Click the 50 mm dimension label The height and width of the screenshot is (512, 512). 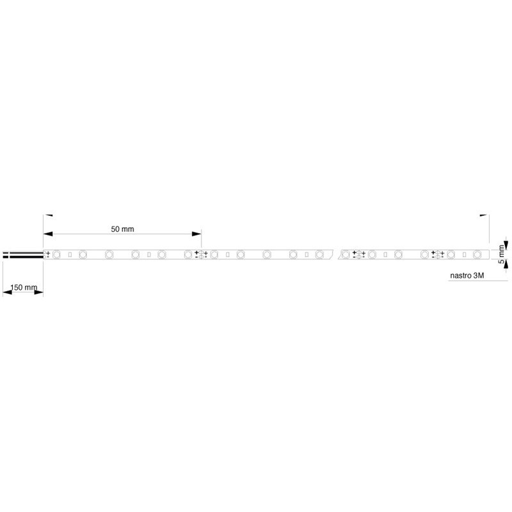point(123,228)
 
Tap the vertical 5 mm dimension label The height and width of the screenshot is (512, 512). point(502,255)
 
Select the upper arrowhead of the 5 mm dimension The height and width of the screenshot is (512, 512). point(506,243)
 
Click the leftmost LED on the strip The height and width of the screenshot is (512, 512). point(56,255)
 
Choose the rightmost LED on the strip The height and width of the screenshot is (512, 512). point(476,255)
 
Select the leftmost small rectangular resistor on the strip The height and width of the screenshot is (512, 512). point(69,255)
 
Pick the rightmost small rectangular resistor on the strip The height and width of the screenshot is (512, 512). point(464,255)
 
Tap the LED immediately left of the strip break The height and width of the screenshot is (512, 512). point(319,255)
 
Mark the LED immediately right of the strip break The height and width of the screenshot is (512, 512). point(346,255)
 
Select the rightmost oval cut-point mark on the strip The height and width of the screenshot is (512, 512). point(438,255)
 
